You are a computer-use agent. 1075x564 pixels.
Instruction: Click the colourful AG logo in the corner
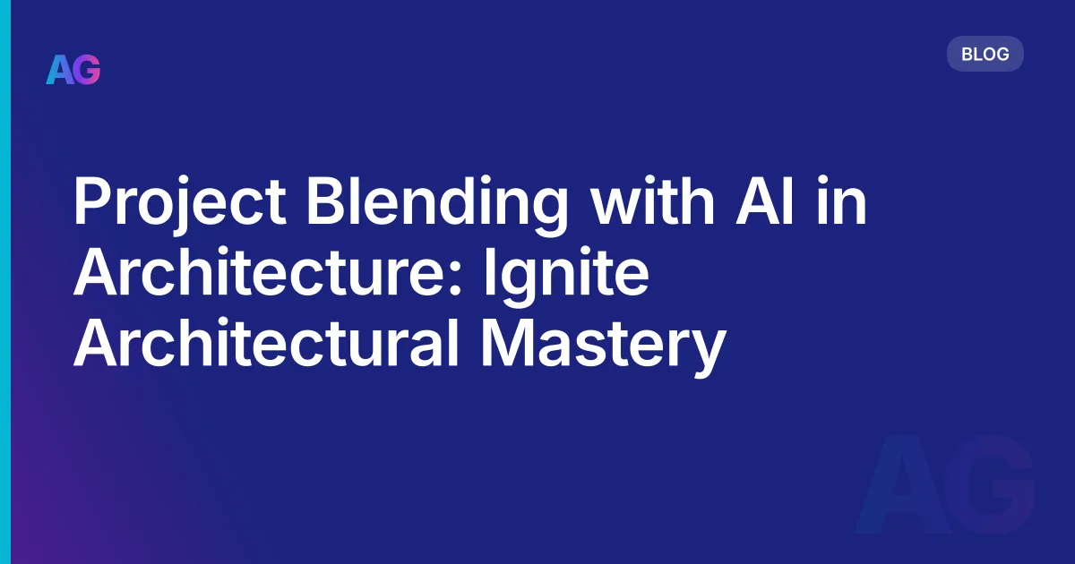[x=73, y=69]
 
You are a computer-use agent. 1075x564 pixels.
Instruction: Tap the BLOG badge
[x=985, y=54]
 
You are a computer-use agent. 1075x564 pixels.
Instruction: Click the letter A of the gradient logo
[x=60, y=69]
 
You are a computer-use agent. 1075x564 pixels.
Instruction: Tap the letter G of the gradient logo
[x=88, y=69]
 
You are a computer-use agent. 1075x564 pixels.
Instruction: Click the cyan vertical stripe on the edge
[x=5, y=282]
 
